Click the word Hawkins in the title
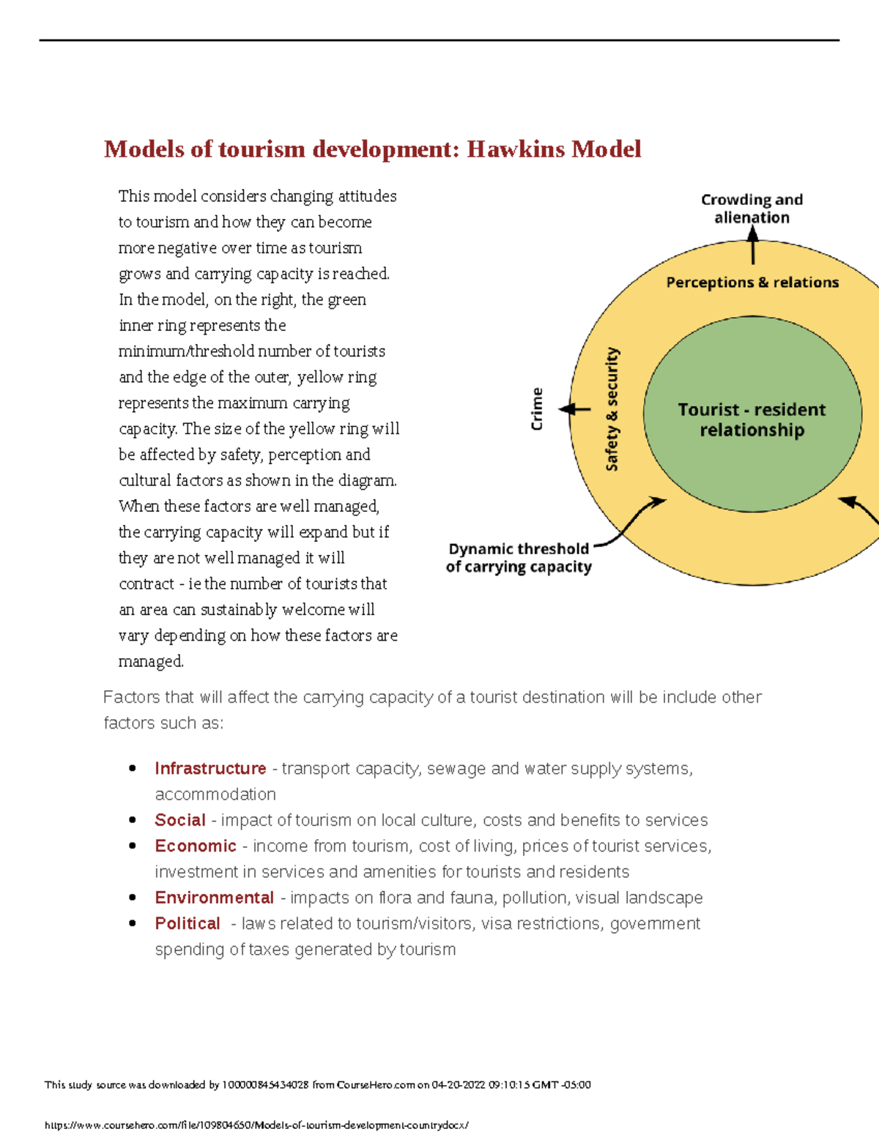point(516,149)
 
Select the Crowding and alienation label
point(752,209)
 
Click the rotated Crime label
point(537,409)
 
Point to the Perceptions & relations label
point(752,283)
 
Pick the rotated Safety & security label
point(612,409)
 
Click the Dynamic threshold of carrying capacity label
point(519,558)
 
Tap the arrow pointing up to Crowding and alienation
point(752,245)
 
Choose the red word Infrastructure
point(210,769)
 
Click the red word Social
point(180,820)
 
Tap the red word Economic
point(196,846)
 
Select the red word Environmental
point(214,898)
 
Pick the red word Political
point(188,924)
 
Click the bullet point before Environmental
point(133,897)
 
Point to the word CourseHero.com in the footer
point(376,1085)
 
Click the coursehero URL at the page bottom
point(256,1125)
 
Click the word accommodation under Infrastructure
point(215,794)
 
